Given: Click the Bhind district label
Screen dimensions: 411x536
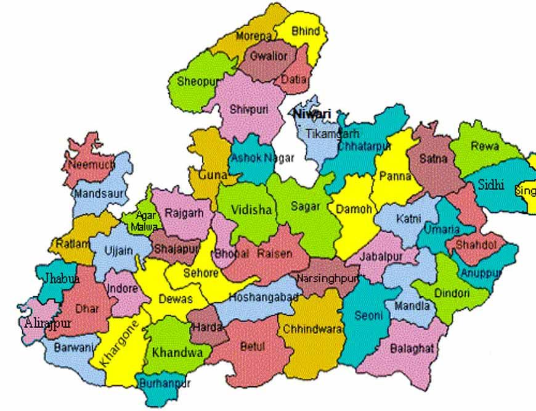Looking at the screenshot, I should coord(306,31).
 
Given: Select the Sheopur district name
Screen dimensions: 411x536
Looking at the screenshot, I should coord(195,81).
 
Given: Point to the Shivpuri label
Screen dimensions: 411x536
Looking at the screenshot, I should coord(246,109).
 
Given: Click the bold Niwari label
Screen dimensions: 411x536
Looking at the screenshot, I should coord(311,114).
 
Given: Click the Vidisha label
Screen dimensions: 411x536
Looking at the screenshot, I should coord(251,210).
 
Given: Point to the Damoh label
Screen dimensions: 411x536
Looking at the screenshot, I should coord(353,210).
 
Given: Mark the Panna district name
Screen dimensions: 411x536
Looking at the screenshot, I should coord(395,176).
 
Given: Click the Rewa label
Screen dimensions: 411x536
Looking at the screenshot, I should coord(484,147).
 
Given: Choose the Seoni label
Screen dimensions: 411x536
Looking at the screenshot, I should coord(369,315).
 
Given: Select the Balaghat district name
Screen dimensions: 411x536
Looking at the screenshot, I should coord(412,349).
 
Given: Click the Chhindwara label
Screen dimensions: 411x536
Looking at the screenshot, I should coord(312,330).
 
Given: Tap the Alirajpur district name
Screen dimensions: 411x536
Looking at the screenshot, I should coord(47,323).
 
